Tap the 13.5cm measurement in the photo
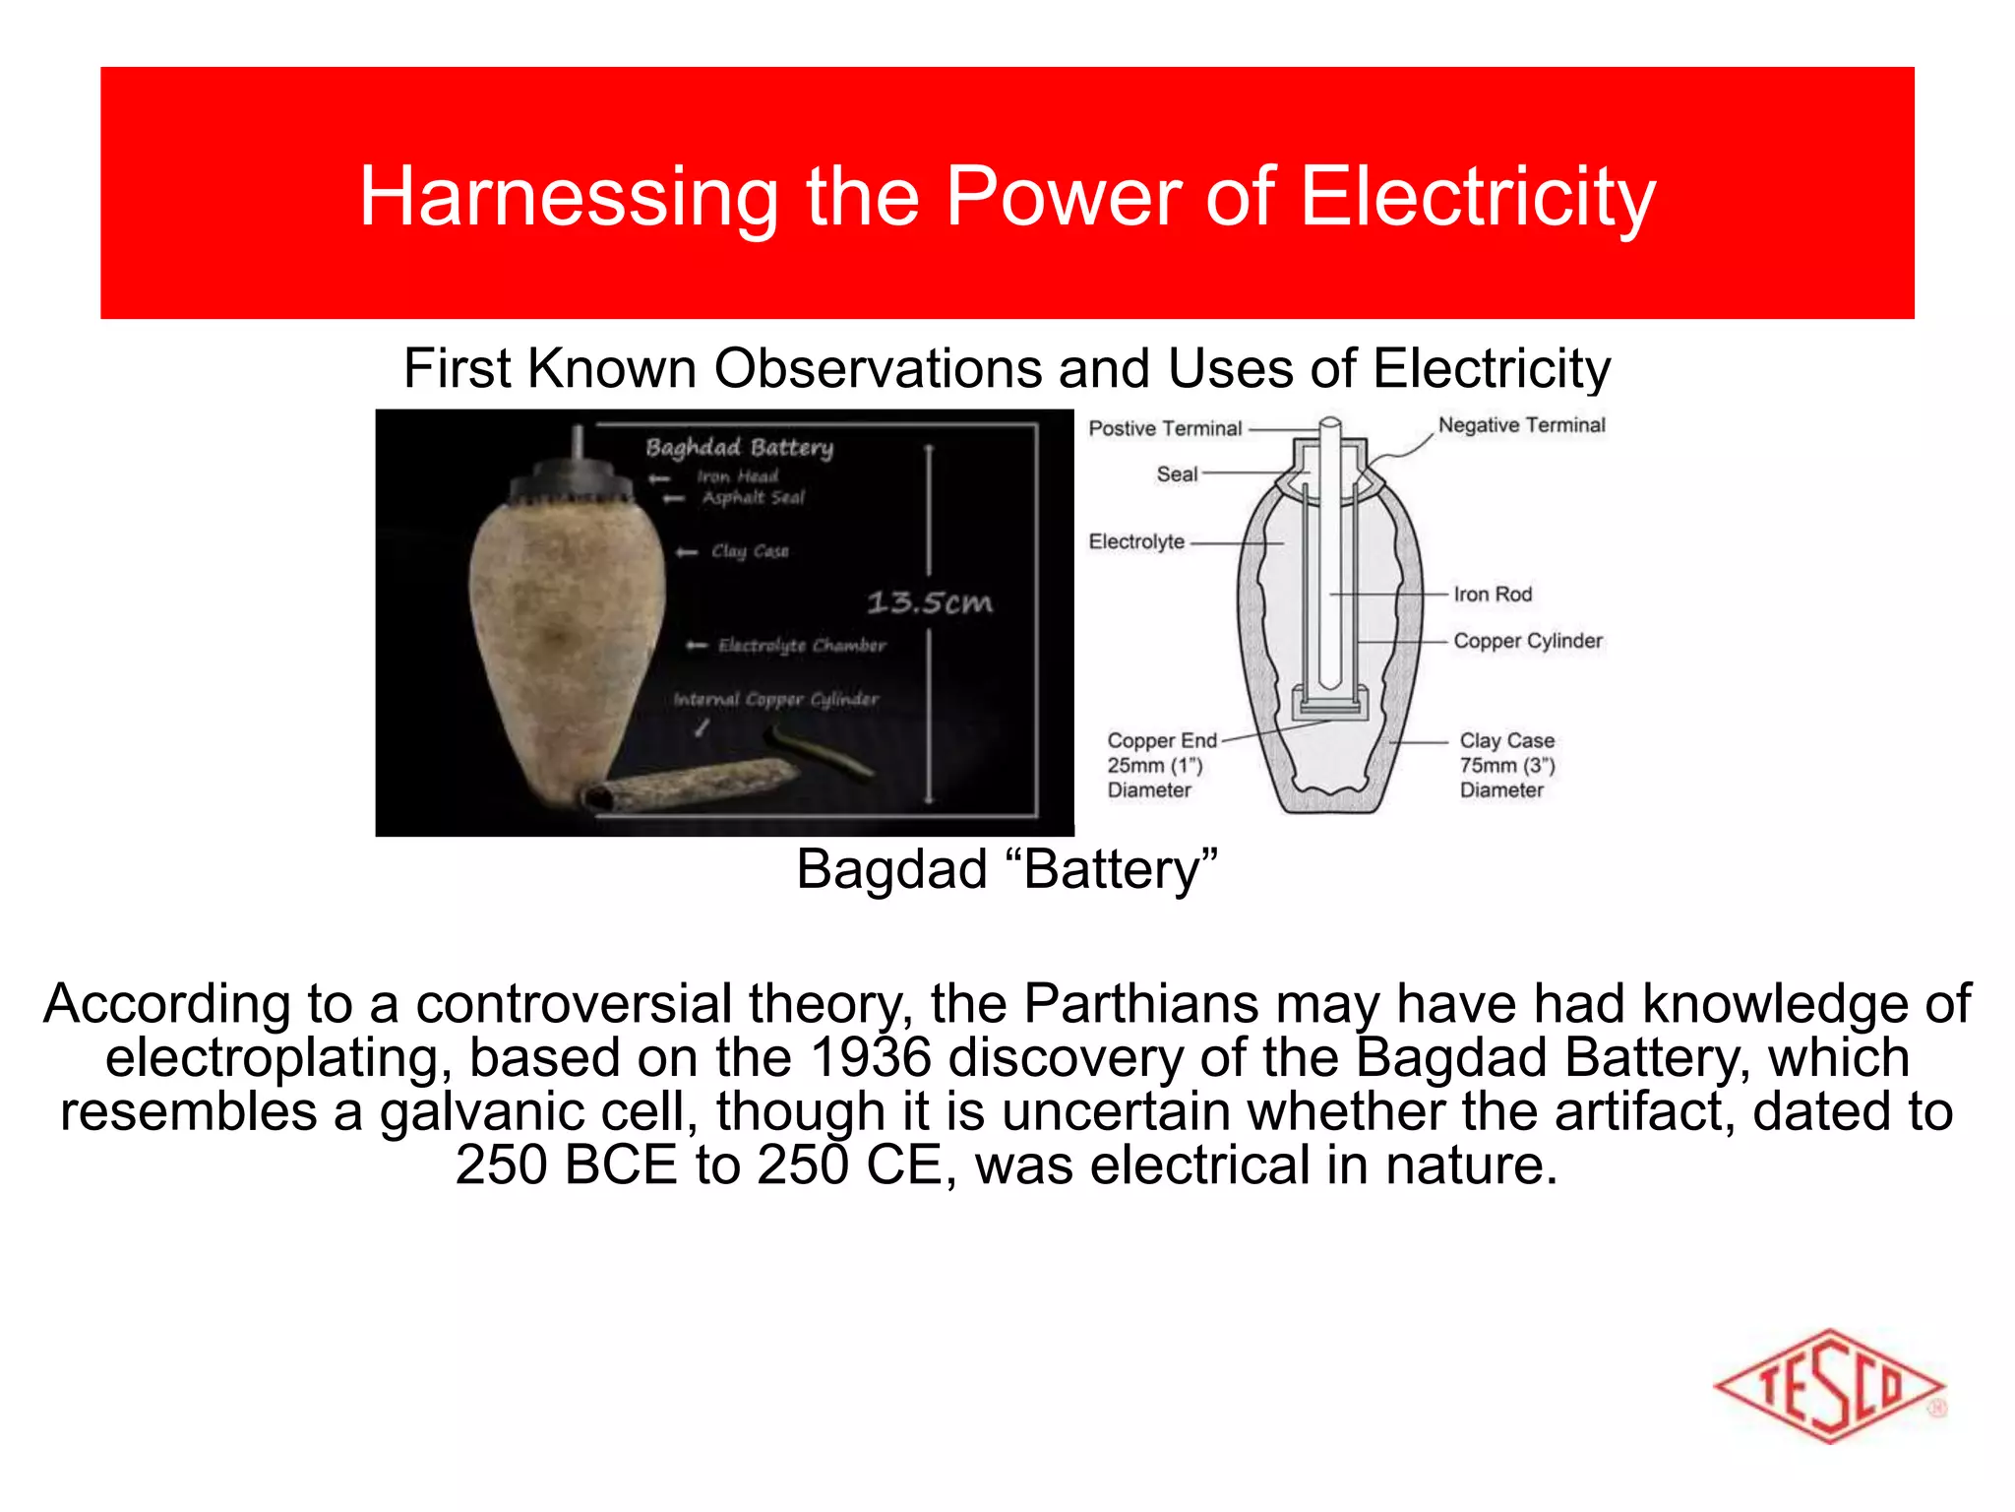929,601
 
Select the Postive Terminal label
1165,428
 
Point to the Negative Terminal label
1521,425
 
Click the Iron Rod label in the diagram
1493,595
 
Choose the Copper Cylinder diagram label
1527,641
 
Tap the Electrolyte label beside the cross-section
1136,541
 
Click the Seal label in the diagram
1177,474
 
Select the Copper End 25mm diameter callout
1161,765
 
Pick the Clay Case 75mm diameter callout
1506,765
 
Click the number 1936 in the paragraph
871,1058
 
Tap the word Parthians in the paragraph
1140,1004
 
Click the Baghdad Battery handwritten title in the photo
739,448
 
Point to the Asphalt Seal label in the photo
753,498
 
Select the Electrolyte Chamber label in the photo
801,646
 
